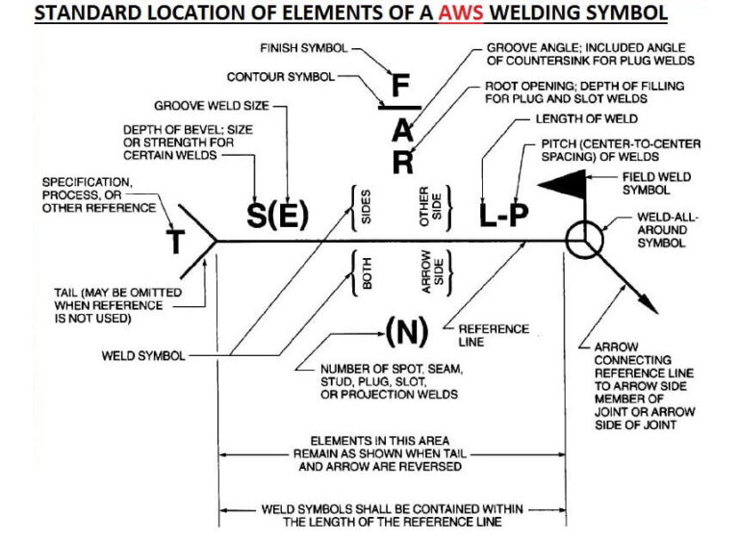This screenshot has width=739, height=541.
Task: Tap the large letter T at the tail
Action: click(177, 242)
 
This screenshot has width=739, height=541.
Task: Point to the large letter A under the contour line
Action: click(402, 128)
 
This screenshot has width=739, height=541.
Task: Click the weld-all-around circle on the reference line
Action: click(581, 240)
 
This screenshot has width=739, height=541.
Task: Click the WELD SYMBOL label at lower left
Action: click(144, 355)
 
